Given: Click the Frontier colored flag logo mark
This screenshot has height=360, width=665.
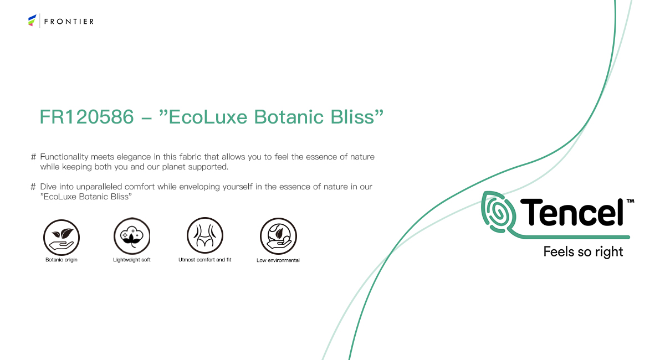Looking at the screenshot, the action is pos(32,20).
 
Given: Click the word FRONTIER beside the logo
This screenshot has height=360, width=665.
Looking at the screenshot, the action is pos(69,22).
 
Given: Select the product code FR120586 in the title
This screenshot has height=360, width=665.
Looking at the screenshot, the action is pos(86,117).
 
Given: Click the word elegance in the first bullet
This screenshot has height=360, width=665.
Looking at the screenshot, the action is pos(134,157).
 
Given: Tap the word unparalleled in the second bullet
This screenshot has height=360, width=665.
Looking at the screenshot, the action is pos(99,187).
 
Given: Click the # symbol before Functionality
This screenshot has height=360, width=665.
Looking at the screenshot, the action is pos(33,157).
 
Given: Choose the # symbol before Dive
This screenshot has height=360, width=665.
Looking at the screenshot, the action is pos(33,187).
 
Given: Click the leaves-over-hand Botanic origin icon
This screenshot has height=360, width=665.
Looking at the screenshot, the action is pos(62,237).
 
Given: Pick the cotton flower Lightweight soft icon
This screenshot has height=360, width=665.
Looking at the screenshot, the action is pos(132,236).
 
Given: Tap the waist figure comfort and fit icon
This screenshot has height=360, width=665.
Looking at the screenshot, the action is pos(205,235).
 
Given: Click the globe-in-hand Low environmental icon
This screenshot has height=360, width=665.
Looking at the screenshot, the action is pos(278,236).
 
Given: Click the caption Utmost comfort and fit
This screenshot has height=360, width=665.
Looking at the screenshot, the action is pos(205,260).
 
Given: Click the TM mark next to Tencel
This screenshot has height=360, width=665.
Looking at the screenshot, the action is pos(630,201).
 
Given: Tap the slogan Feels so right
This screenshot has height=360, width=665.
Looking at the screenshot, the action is pos(583,252).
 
